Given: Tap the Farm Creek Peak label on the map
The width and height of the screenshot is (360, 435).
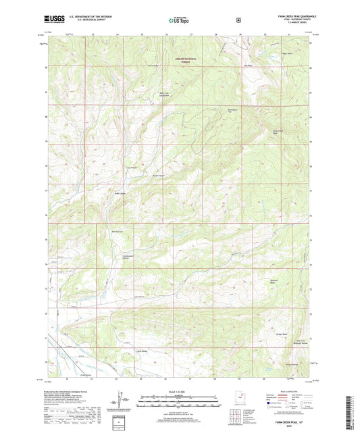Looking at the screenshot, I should [x=277, y=132].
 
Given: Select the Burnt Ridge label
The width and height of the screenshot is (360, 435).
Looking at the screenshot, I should [x=153, y=66].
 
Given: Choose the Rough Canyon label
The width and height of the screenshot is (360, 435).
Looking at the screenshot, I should [x=159, y=176].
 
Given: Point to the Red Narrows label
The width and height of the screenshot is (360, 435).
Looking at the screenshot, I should [x=115, y=232].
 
